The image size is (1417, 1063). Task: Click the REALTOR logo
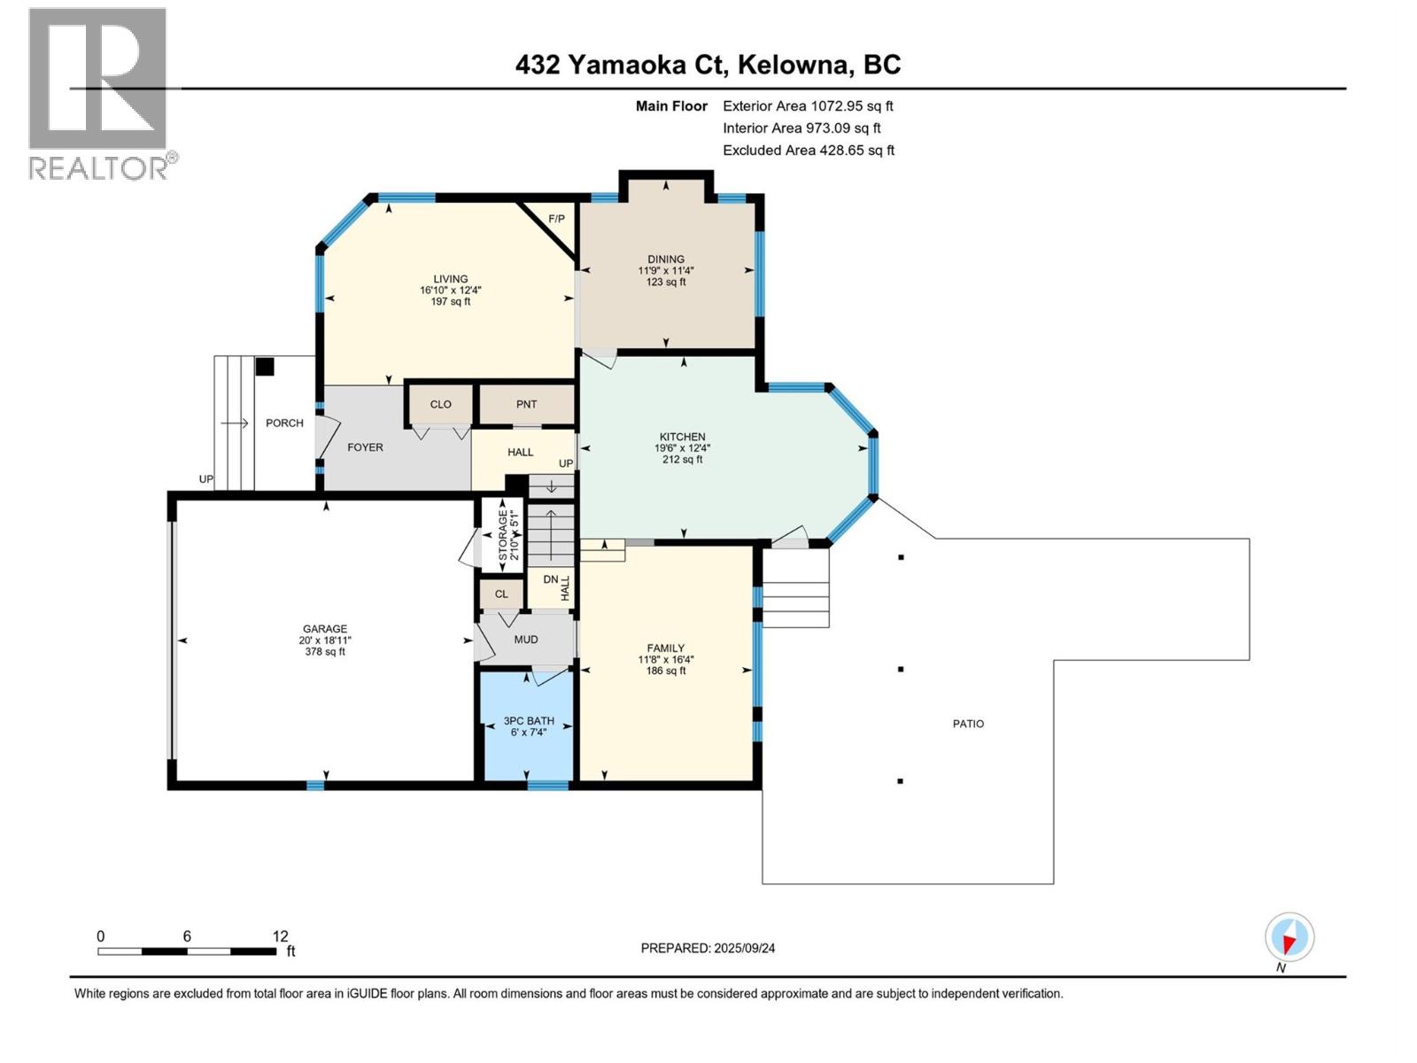(104, 94)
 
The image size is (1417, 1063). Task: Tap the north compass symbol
(1289, 936)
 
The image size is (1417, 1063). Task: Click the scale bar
(187, 951)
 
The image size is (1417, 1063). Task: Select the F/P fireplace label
(556, 219)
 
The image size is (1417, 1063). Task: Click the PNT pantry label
(526, 404)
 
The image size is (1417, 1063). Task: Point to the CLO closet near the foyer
(441, 404)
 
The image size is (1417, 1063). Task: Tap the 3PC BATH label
(529, 721)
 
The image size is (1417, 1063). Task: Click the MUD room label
(526, 639)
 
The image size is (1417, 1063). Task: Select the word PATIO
(968, 724)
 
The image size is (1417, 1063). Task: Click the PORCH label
(284, 423)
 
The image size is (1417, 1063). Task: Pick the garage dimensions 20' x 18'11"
(325, 640)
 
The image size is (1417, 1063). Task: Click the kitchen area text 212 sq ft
(682, 460)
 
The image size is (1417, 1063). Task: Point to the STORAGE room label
(503, 535)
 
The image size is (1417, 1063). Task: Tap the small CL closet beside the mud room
(501, 594)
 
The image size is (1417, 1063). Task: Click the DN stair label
(551, 579)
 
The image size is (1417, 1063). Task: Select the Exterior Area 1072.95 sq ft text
(809, 105)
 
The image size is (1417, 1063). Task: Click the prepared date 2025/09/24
(744, 948)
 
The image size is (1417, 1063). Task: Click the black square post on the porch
(265, 367)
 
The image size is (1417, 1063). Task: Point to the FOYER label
(366, 447)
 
